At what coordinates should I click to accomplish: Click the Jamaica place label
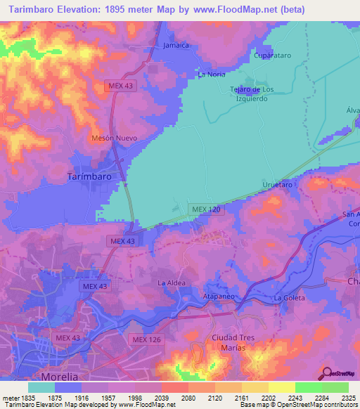pos(176,45)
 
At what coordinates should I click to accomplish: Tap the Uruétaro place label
pos(276,184)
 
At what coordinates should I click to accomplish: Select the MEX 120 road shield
pos(206,210)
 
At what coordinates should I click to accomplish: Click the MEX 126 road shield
pos(148,339)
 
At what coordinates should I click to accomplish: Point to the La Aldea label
pos(171,283)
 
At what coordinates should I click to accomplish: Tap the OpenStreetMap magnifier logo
pos(327,373)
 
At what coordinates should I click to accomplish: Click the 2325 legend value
pos(348,397)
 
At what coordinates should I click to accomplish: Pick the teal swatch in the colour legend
pos(41,387)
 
